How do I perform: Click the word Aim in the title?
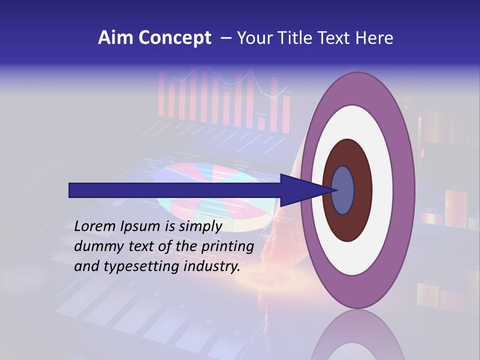point(115,38)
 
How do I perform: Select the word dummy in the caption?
point(95,246)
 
